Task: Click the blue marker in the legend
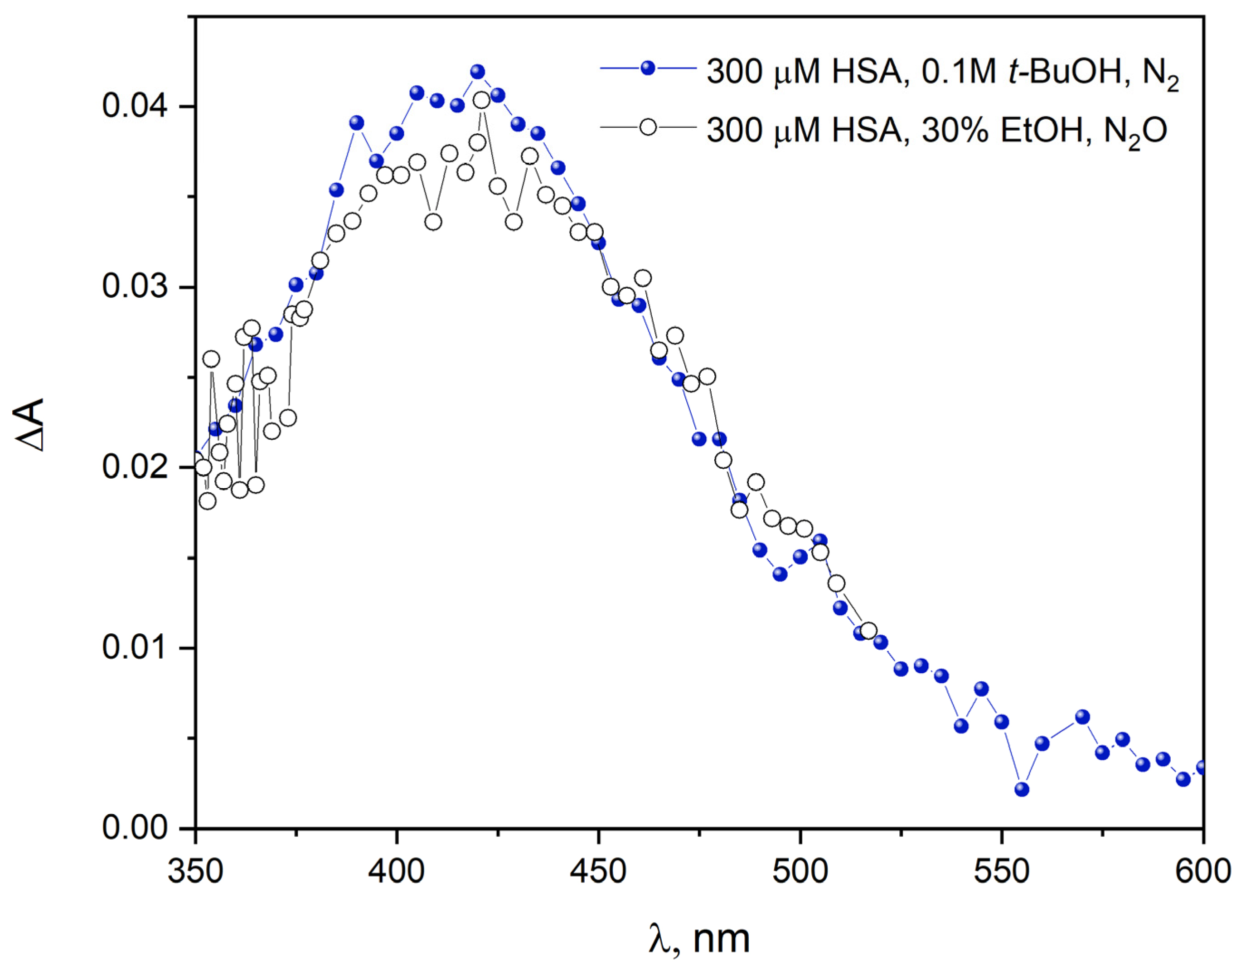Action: pos(648,68)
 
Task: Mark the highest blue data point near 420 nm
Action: pos(478,72)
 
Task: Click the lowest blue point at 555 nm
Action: pos(1022,789)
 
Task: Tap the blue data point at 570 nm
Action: pos(1082,717)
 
